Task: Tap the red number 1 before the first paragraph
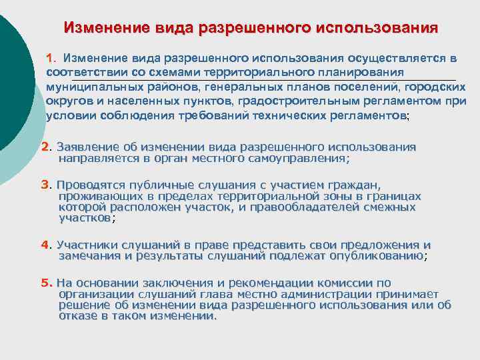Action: tap(50, 59)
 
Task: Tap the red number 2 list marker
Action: tap(45, 147)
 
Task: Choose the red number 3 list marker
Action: tap(45, 185)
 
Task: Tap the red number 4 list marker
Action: tap(45, 245)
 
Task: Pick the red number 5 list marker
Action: tap(45, 283)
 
